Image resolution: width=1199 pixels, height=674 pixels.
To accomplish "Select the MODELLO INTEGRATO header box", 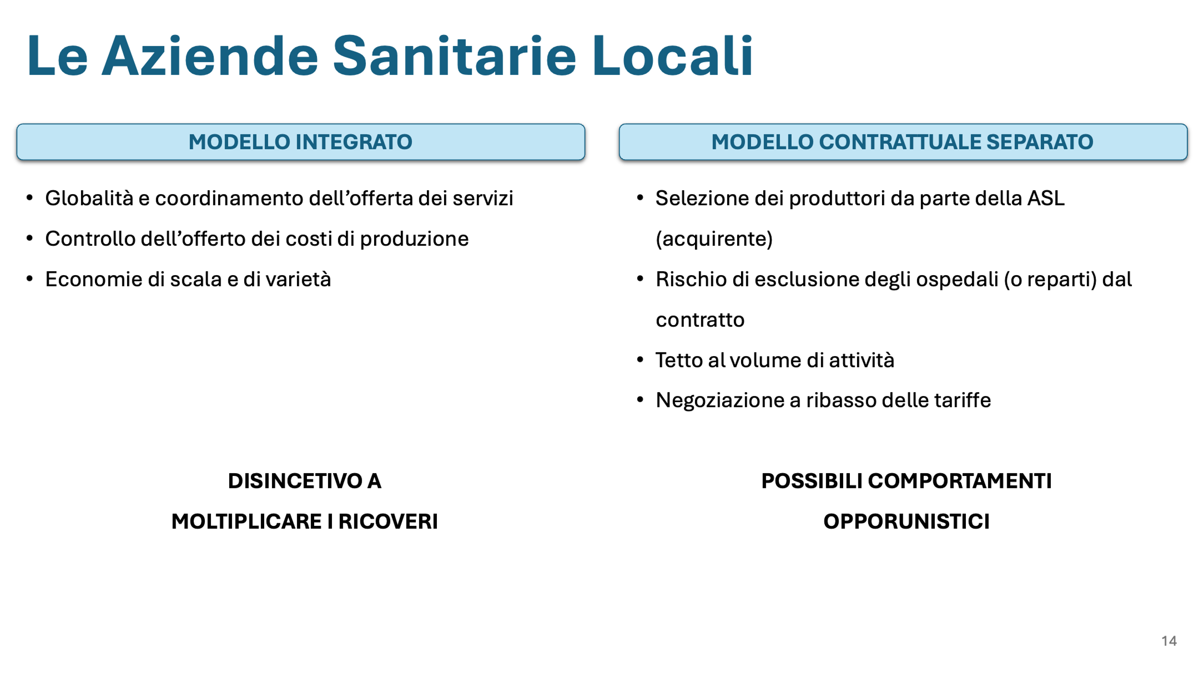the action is coord(301,142).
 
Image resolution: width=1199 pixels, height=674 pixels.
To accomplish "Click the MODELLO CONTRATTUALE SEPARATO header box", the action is coord(903,142).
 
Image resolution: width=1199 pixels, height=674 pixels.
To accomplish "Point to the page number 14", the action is coord(1169,641).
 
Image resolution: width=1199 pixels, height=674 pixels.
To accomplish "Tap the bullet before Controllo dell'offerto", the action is coord(30,238).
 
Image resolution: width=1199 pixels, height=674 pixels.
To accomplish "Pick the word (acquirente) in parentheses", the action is coord(714,239).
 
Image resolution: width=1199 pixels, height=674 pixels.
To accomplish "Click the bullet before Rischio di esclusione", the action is coord(640,279).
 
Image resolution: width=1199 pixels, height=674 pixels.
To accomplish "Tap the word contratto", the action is coord(700,320).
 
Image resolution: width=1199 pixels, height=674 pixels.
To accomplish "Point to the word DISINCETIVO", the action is coord(294,481).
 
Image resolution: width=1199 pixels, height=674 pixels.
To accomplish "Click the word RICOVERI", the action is coord(388,522).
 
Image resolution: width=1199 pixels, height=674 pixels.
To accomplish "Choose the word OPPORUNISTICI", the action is coord(906,522).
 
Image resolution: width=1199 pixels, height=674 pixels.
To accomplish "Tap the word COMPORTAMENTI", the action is coord(960,481).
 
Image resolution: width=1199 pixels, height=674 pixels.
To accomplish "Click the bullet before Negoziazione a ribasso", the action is coord(640,400).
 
